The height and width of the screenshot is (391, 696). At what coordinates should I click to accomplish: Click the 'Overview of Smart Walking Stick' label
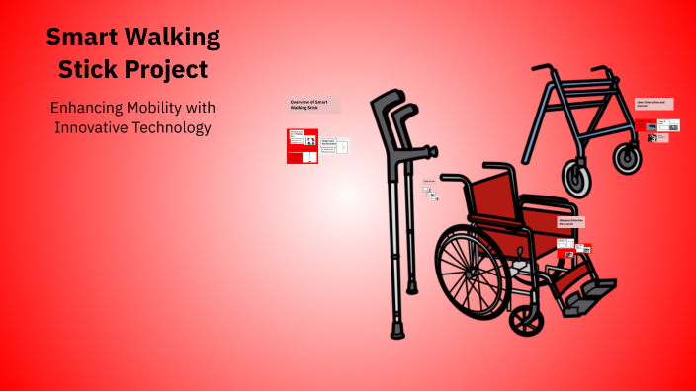313,105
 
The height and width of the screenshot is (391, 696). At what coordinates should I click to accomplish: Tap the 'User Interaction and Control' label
653,104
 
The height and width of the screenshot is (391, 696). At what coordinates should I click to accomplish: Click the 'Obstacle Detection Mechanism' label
574,222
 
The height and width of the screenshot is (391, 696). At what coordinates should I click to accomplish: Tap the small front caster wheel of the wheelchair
524,318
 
